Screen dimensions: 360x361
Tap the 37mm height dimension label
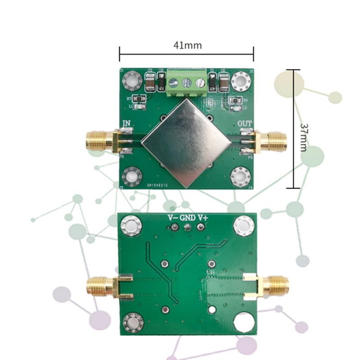[x=303, y=131]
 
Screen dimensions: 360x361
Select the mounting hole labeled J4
[x=240, y=176]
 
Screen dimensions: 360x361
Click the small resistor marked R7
[x=140, y=98]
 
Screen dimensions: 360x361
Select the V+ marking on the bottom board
[x=203, y=218]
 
